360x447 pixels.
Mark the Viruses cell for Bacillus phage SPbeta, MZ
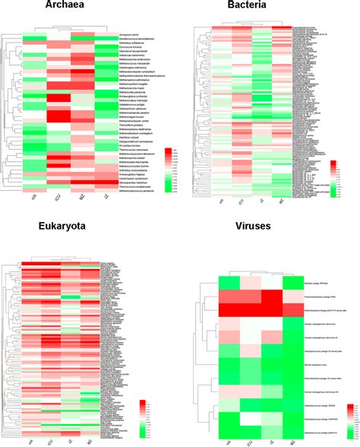[292, 284]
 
